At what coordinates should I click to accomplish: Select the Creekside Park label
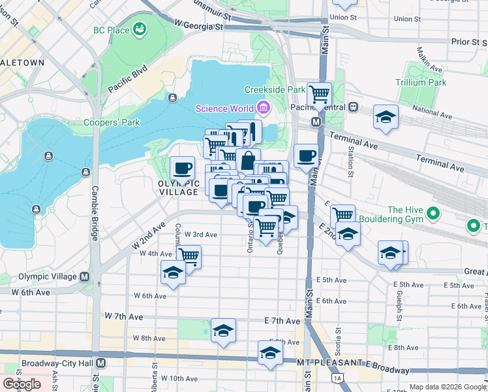click(275, 90)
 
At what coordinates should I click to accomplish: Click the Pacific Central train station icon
click(353, 106)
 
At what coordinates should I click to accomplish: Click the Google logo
click(22, 384)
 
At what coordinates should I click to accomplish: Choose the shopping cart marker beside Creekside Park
click(319, 94)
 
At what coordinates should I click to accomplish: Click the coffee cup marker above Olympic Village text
click(182, 168)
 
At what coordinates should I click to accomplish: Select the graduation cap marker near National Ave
click(386, 117)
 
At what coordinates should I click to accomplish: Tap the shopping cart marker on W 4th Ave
click(189, 255)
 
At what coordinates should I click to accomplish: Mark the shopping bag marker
click(248, 160)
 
